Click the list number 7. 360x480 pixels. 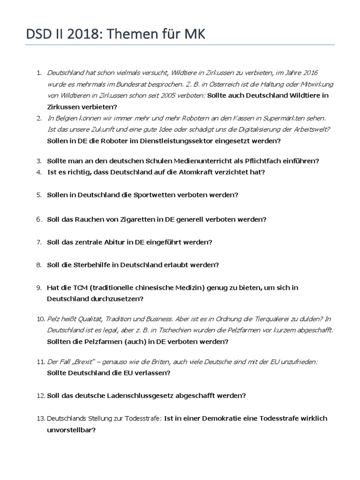(x=39, y=242)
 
